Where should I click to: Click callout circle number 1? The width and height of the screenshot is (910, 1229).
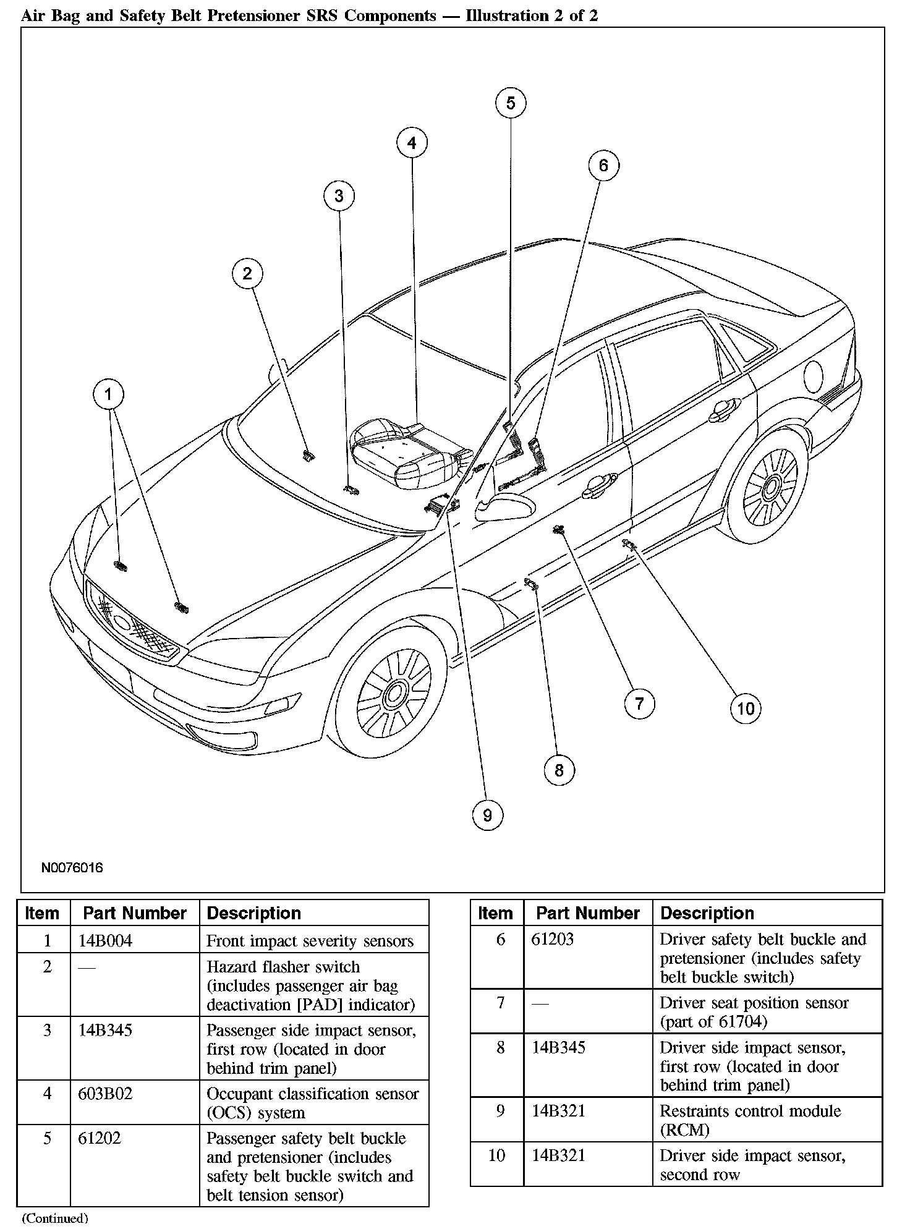[109, 394]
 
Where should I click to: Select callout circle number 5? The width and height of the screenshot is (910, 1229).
[511, 103]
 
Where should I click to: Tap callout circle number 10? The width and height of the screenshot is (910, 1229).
[746, 708]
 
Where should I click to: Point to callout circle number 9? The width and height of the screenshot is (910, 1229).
[487, 815]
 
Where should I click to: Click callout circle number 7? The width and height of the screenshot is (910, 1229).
[639, 704]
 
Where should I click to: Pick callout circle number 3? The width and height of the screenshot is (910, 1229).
[339, 196]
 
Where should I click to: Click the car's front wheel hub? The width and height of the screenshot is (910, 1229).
[394, 695]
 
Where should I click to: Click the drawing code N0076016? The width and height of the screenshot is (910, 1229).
[72, 867]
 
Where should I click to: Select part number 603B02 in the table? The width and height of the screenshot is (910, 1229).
[105, 1094]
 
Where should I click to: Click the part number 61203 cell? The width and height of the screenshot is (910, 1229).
[553, 940]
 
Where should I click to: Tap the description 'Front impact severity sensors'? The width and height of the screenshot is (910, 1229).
[310, 941]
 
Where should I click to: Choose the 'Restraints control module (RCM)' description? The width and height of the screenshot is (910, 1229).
[750, 1120]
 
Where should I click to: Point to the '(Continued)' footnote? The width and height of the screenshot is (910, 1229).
[55, 1218]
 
